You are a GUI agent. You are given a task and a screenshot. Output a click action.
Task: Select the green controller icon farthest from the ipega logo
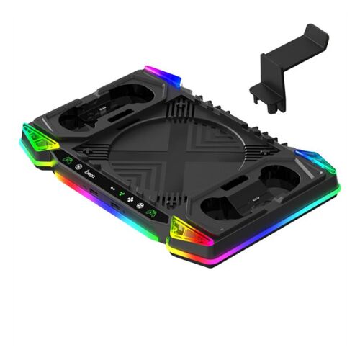[x=152, y=212]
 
